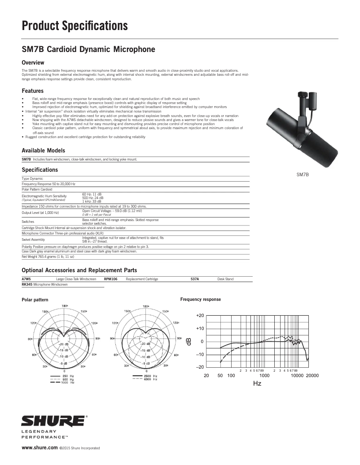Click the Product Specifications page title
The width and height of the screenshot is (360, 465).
pyautogui.click(x=75, y=26)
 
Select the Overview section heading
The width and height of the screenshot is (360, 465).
pyautogui.click(x=33, y=62)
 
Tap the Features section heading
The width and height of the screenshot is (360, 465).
pyautogui.click(x=32, y=91)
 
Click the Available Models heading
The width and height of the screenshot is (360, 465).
pyautogui.click(x=43, y=151)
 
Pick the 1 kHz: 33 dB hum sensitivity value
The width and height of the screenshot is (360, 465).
pyautogui.click(x=92, y=201)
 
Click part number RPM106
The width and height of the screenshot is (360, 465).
pyautogui.click(x=110, y=279)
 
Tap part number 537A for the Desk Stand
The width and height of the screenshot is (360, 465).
pyautogui.click(x=194, y=279)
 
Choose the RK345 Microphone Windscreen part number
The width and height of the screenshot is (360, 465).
pyautogui.click(x=27, y=284)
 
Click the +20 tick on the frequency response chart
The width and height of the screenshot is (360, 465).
pyautogui.click(x=200, y=316)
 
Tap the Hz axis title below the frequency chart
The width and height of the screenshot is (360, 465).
pyautogui.click(x=257, y=383)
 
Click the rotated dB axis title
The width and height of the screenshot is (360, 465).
pyautogui.click(x=189, y=341)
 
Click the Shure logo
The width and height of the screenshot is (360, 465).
pyautogui.click(x=53, y=422)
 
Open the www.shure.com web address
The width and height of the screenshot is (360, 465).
pyautogui.click(x=40, y=448)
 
